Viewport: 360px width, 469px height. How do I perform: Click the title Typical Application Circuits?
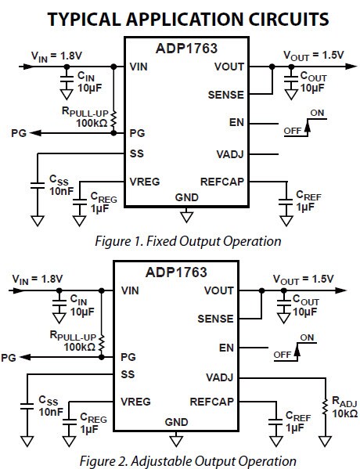click(180, 17)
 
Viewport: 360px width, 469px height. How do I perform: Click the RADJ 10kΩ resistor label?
click(344, 406)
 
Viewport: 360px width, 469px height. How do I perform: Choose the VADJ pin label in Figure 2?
click(218, 376)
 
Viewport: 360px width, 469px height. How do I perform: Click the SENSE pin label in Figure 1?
click(227, 95)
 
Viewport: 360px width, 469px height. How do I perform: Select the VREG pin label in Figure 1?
click(146, 181)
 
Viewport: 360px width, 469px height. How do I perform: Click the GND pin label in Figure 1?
click(186, 197)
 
